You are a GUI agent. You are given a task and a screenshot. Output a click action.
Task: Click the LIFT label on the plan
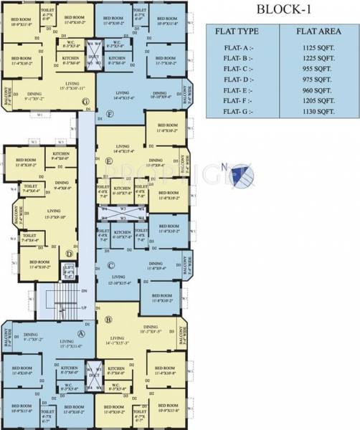(x=69, y=269)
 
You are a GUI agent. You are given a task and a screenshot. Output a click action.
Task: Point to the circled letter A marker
(x=82, y=333)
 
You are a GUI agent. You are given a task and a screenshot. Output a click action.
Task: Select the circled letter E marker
(x=109, y=162)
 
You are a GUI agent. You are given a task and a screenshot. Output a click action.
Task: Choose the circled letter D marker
(x=70, y=253)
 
